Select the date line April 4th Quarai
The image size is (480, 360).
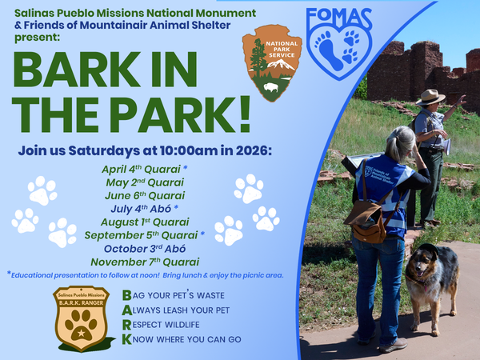point(144,169)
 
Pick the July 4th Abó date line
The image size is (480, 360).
point(144,208)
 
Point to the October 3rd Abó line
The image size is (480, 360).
point(144,248)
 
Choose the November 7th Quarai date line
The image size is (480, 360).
point(144,261)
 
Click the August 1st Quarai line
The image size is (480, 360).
point(144,222)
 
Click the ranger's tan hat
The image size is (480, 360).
point(430,97)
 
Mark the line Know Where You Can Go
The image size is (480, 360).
point(185,339)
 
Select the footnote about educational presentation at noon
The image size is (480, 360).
point(144,275)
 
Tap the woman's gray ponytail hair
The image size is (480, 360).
point(402,144)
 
